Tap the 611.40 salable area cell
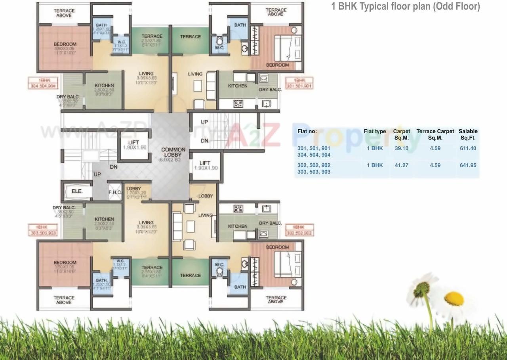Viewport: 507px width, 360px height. [x=468, y=148]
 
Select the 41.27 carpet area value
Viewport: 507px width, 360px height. [x=401, y=165]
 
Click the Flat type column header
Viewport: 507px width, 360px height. [x=375, y=131]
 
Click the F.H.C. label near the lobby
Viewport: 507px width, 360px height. [x=114, y=192]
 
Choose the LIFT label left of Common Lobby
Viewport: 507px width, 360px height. [x=133, y=145]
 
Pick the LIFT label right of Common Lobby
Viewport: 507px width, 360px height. [x=205, y=165]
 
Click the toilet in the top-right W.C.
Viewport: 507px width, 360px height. [x=219, y=40]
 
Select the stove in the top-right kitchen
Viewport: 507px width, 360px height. [x=238, y=104]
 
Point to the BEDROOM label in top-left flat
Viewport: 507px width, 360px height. [x=65, y=44]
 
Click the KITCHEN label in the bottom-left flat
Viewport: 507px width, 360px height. [x=104, y=219]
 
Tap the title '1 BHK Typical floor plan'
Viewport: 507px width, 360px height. [x=405, y=6]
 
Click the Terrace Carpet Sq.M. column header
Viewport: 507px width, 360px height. [x=435, y=134]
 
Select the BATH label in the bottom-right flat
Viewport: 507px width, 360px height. [x=240, y=287]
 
